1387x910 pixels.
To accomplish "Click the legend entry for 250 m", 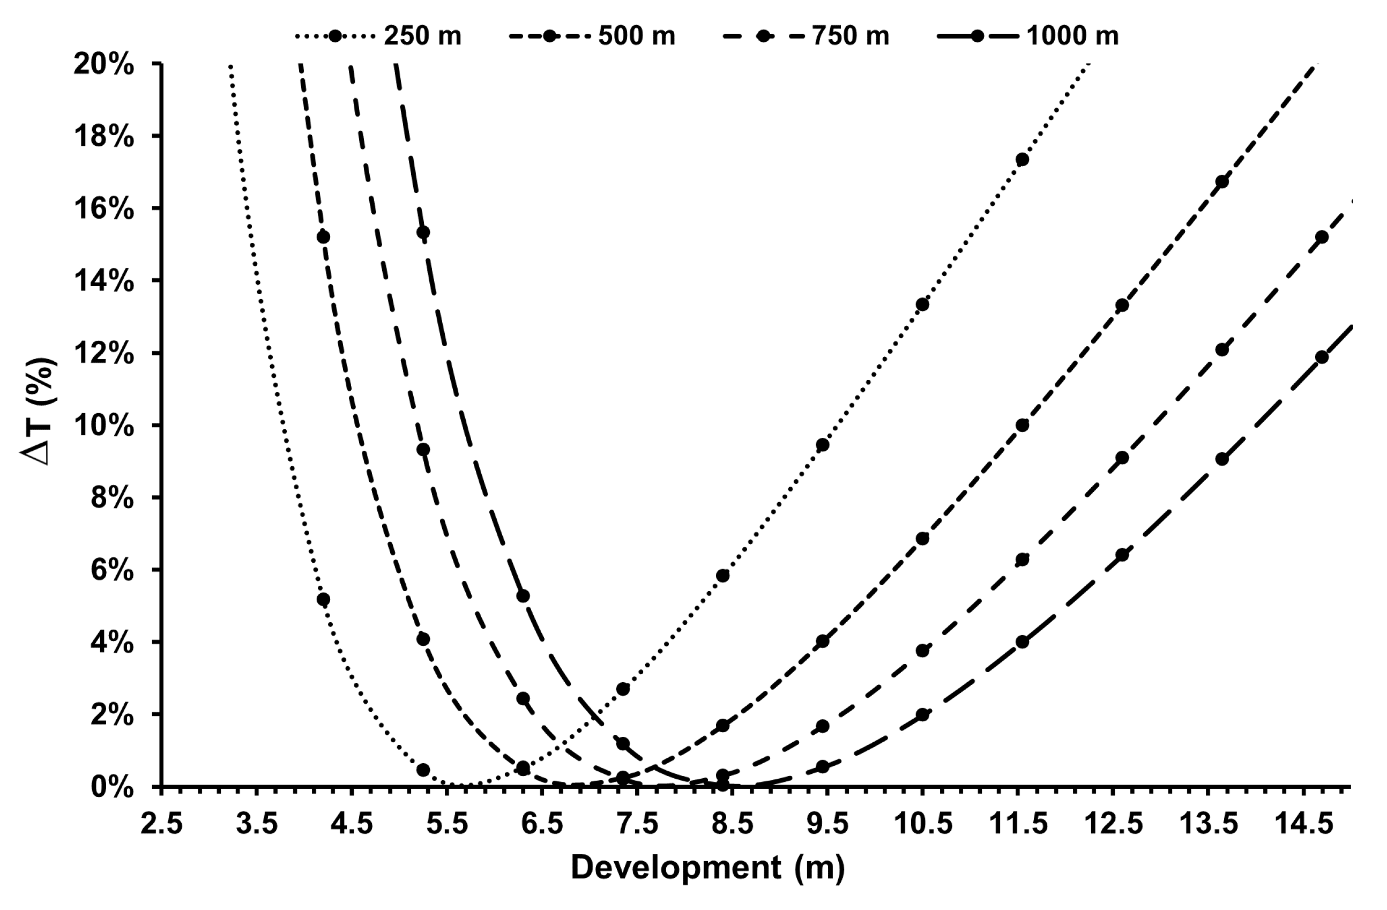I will click(x=379, y=36).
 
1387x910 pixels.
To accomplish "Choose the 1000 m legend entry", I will click(x=1028, y=36).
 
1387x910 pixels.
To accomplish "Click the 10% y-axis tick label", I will click(x=104, y=426).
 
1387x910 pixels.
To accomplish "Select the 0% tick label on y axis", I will click(x=112, y=788).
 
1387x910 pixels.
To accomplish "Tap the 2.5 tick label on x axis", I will click(x=161, y=824).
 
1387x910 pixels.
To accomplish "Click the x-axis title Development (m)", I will click(x=707, y=868).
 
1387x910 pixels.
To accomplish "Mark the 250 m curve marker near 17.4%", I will click(x=1021, y=160).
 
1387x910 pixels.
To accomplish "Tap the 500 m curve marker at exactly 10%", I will click(x=1021, y=426).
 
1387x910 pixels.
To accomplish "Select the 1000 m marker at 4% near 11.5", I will click(x=1021, y=642).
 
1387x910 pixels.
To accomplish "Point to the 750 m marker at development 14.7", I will click(x=1322, y=237).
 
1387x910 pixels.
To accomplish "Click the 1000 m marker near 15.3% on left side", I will click(x=423, y=233).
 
